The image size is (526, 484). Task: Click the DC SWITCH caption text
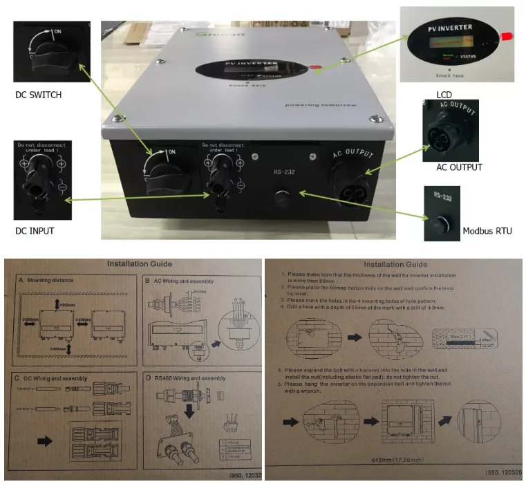38,95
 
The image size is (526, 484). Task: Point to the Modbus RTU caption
487,230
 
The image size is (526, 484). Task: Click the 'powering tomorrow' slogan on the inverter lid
319,105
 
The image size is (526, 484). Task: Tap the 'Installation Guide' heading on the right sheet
395,264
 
